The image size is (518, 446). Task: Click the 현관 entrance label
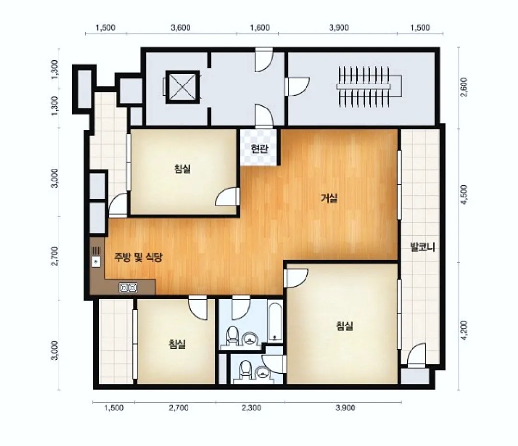click(x=259, y=149)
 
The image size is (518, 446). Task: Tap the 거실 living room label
click(x=329, y=198)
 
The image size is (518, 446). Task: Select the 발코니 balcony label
click(x=422, y=247)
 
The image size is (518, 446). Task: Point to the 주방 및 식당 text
click(x=138, y=257)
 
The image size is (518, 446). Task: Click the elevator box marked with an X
click(x=183, y=87)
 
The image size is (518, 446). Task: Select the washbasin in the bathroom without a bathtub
click(x=263, y=373)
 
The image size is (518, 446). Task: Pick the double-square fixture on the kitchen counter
click(x=128, y=288)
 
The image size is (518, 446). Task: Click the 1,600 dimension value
click(x=259, y=28)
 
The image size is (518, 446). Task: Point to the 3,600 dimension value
click(x=180, y=28)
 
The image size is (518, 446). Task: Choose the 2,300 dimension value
click(x=251, y=408)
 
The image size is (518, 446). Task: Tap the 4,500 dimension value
click(x=464, y=194)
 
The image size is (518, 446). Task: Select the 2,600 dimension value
click(x=464, y=87)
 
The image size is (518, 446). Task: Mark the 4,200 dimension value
click(x=464, y=330)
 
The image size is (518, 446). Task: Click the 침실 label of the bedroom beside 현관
click(x=182, y=169)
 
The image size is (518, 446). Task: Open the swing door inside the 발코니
click(x=416, y=355)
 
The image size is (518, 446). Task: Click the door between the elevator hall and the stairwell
click(x=297, y=87)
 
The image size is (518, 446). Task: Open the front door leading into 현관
click(x=264, y=116)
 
